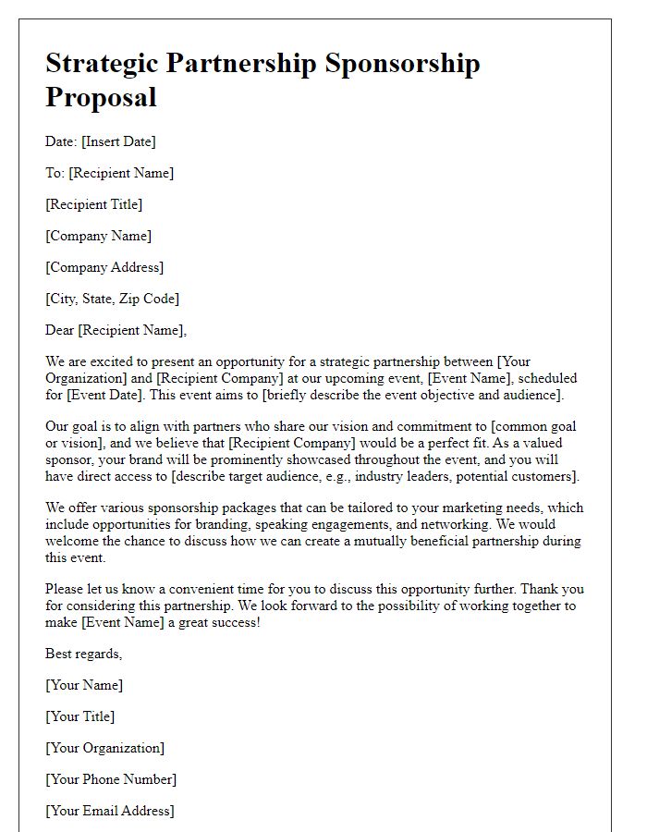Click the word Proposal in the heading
pos(101,97)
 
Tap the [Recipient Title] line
pos(93,204)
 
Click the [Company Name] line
pos(98,236)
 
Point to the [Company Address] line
pos(104,267)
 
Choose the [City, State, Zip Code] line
pos(112,299)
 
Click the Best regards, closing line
pos(84,654)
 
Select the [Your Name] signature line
pos(84,685)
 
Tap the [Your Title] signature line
pos(80,716)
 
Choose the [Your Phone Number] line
pos(111,779)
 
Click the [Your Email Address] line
pos(110,811)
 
